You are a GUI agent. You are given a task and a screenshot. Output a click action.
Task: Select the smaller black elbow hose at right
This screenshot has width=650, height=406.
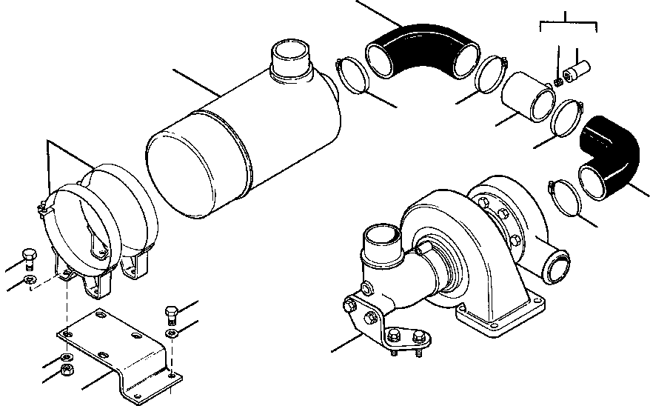(x=612, y=152)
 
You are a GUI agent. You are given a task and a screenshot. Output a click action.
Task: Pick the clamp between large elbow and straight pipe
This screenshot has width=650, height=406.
(x=488, y=74)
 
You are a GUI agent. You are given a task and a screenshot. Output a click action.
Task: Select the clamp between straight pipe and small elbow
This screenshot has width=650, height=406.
(x=566, y=116)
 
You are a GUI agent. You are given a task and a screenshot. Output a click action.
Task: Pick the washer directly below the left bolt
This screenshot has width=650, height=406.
(x=28, y=279)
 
